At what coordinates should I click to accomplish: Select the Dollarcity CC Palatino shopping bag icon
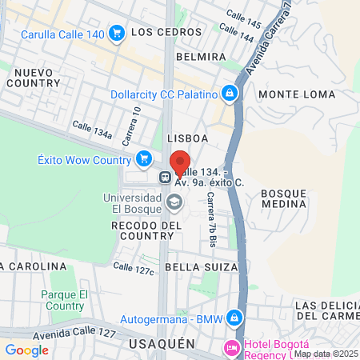[x=230, y=94]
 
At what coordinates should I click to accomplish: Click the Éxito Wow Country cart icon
[x=144, y=158]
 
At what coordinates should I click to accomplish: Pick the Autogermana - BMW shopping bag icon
[x=234, y=318]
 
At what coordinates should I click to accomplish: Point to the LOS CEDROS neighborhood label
[x=163, y=32]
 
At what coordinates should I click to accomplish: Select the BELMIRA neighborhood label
[x=201, y=58]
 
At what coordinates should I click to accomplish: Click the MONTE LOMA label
[x=297, y=94]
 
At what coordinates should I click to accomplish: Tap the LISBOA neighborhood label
[x=188, y=138]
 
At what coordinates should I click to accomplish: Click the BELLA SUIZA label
[x=202, y=266]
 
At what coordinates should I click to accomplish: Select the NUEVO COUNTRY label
[x=34, y=78]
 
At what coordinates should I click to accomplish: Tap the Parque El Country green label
[x=62, y=300]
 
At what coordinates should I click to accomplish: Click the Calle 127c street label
[x=134, y=268]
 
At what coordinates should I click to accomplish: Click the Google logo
[x=26, y=350]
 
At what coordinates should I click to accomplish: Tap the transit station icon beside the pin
[x=164, y=178]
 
